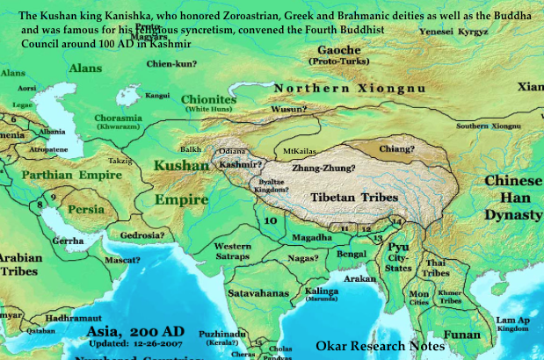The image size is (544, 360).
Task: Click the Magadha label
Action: (x=312, y=237)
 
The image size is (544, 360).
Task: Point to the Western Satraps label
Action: (x=233, y=250)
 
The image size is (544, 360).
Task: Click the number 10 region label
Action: (x=271, y=221)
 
